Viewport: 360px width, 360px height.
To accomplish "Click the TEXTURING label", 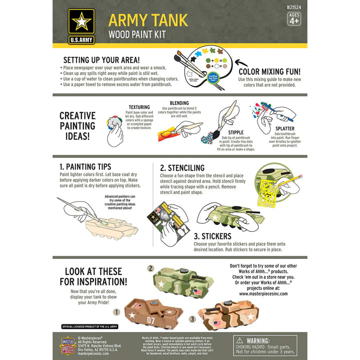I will point(139,107).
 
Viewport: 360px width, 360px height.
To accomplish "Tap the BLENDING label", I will point(179,102).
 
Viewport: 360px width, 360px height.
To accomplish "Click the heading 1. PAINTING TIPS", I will point(85,166).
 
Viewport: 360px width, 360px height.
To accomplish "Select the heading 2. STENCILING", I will point(182,168).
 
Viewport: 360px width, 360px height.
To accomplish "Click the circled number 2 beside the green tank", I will point(150,268).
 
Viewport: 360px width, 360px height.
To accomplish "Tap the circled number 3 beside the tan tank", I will point(192,318).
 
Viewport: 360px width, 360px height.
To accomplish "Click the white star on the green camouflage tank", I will point(163,284).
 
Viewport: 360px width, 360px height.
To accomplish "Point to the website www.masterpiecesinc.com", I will point(264,294).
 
